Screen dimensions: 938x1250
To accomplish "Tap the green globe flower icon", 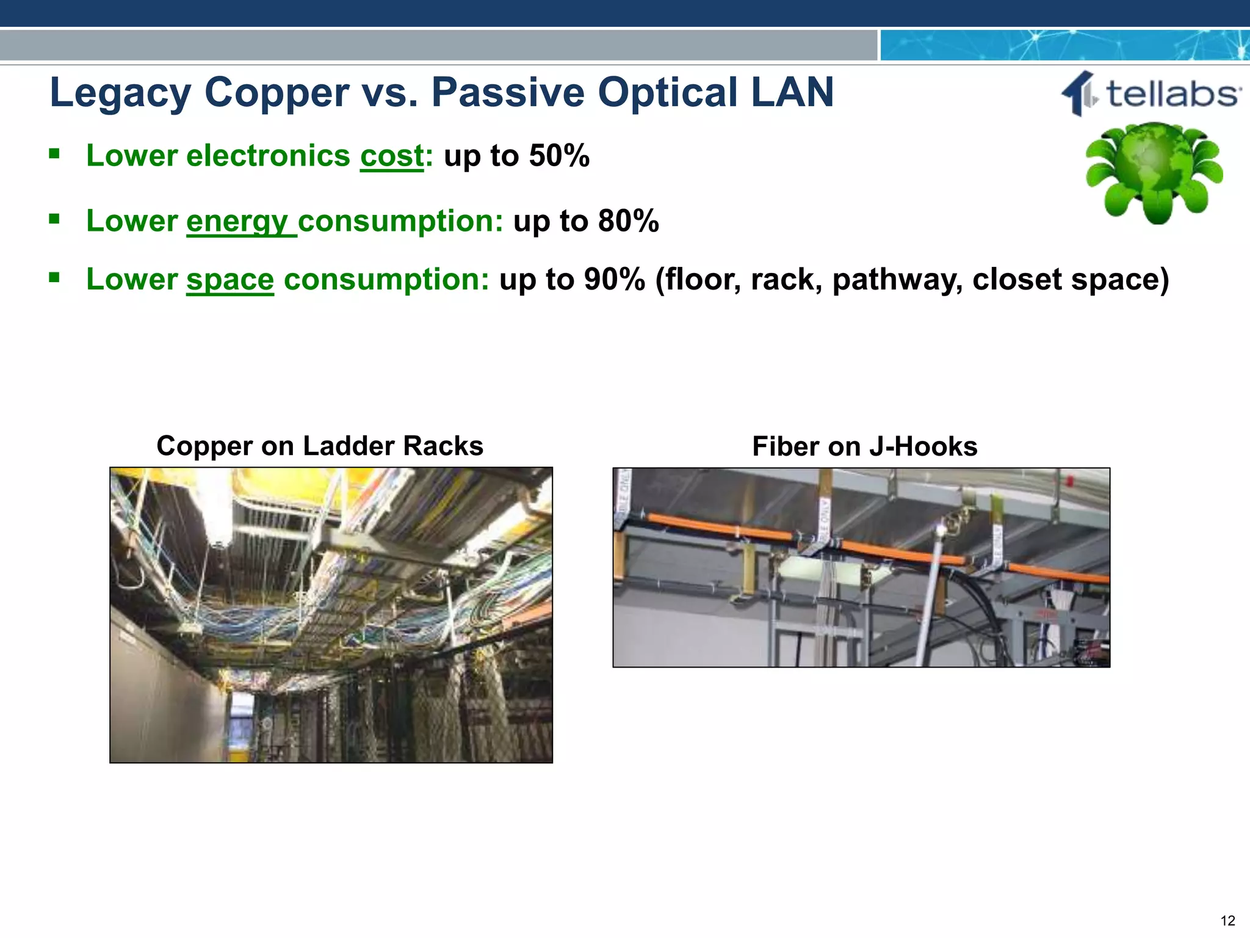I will tap(1154, 172).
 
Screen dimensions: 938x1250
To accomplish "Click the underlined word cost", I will tap(391, 156).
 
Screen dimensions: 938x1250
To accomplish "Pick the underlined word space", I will tap(229, 280).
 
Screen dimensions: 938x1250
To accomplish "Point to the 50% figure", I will tap(559, 156).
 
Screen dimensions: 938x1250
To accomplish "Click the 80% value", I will tap(628, 221).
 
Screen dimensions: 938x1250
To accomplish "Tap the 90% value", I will tap(614, 280).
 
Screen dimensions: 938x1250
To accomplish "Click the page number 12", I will tap(1227, 920).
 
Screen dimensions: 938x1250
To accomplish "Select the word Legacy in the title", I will tap(120, 93).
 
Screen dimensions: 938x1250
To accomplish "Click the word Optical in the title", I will tap(668, 93).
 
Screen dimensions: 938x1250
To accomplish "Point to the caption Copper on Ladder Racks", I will tap(320, 446).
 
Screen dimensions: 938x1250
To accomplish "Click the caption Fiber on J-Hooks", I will tap(864, 446).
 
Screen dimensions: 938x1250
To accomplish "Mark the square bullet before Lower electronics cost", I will tap(54, 153).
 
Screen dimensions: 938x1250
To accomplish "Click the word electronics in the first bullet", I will tap(268, 156).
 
